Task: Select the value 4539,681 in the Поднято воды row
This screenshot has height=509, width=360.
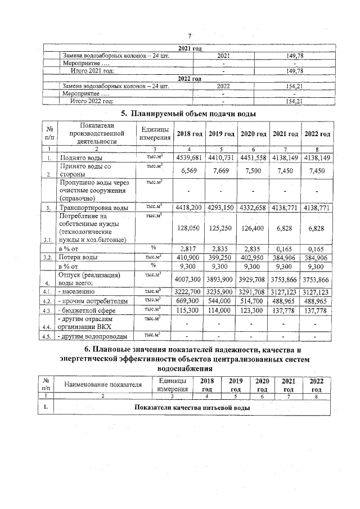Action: pos(190,157)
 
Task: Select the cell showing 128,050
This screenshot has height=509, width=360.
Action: pos(190,228)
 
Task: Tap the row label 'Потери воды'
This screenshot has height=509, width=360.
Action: pos(80,257)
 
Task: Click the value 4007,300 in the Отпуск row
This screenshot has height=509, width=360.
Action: pos(190,278)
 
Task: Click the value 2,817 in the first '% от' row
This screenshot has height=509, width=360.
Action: pos(190,247)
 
